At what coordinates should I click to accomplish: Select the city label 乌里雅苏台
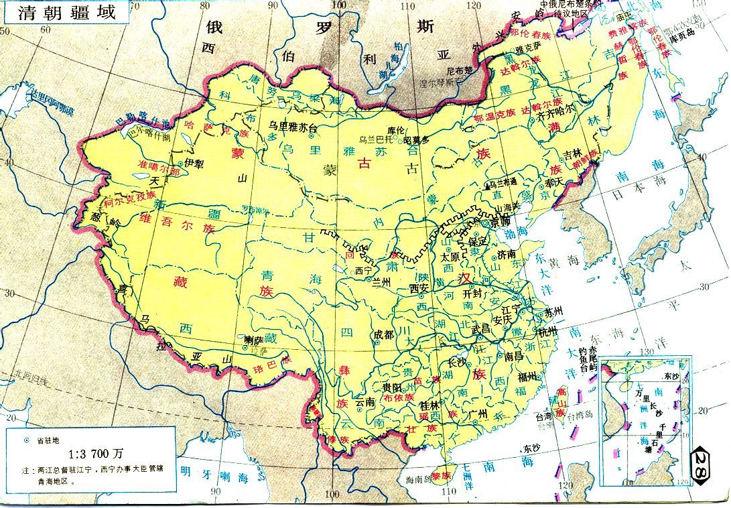pos(292,126)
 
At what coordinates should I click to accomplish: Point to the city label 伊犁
pos(194,162)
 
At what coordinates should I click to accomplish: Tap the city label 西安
pos(419,288)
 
